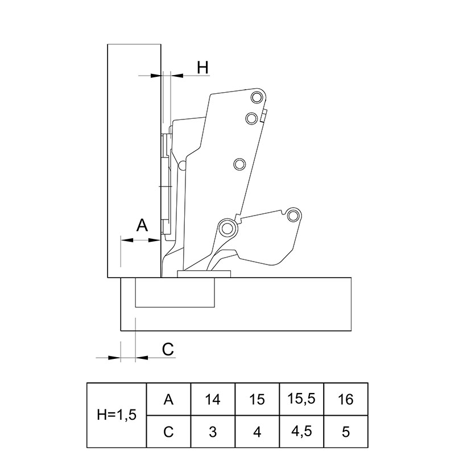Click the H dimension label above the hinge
tap(202, 67)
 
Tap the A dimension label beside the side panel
tap(142, 225)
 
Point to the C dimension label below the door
tap(168, 349)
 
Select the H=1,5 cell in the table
tap(117, 415)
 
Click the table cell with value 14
tap(213, 399)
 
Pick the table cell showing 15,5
tap(301, 399)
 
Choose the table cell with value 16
tap(346, 399)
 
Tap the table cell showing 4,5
tap(301, 431)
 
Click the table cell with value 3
tap(213, 431)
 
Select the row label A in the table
tap(168, 399)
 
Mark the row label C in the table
tap(168, 431)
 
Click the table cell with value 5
tap(346, 431)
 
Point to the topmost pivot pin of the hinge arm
tap(257, 97)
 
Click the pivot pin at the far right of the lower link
tap(293, 216)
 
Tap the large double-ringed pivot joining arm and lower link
tap(226, 229)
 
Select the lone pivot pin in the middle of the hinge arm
tap(239, 164)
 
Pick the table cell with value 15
tap(257, 399)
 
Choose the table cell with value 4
tap(257, 431)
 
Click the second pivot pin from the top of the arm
tap(251, 118)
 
